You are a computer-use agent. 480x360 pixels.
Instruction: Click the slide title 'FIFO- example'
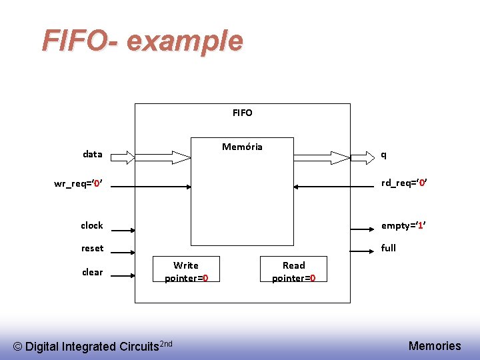click(142, 41)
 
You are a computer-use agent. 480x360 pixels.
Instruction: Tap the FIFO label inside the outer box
click(243, 113)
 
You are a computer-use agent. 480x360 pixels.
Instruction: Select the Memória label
click(242, 147)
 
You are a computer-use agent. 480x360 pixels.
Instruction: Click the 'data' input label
click(93, 154)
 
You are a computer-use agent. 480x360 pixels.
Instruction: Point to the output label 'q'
click(383, 154)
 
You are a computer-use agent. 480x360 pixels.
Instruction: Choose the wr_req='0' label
click(77, 183)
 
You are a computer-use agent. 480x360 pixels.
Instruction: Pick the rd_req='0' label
click(404, 183)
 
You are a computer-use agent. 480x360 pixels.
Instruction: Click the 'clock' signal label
click(92, 225)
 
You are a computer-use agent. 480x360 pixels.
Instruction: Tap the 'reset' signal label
click(93, 248)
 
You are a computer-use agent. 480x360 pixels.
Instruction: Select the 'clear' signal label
click(93, 272)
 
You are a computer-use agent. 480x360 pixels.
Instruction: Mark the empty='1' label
click(403, 225)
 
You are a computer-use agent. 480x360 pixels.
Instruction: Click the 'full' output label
click(389, 248)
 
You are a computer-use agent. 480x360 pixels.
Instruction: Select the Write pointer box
click(186, 271)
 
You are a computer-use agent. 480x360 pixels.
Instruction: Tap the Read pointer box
click(293, 271)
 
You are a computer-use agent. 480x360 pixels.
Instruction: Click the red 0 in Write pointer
click(205, 278)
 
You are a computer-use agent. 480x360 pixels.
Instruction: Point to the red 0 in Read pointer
click(313, 278)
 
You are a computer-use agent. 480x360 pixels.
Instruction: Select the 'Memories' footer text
click(435, 345)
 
